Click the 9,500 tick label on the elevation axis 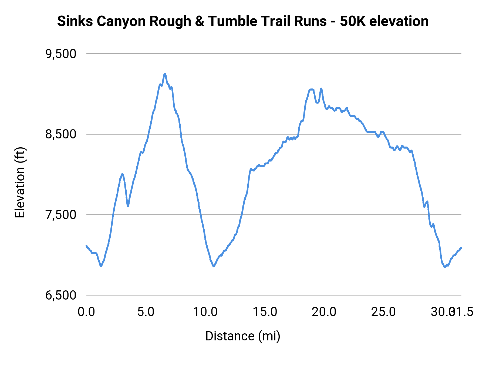pos(61,54)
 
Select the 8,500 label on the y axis pos(61,134)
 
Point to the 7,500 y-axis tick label pos(61,215)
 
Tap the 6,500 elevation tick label pos(61,295)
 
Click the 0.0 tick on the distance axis pos(86,312)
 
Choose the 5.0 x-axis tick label pos(146,312)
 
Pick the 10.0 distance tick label pos(205,312)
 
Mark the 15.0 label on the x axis pos(265,312)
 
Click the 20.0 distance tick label pos(324,312)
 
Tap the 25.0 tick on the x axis pos(383,312)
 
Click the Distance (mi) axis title pos(243,336)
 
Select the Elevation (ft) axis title pos(20,183)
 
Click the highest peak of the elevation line pos(165,74)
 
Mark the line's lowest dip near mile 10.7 pos(214,266)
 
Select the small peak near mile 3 pos(122,174)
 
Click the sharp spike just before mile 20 pos(321,88)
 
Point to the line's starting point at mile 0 pos(86,245)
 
